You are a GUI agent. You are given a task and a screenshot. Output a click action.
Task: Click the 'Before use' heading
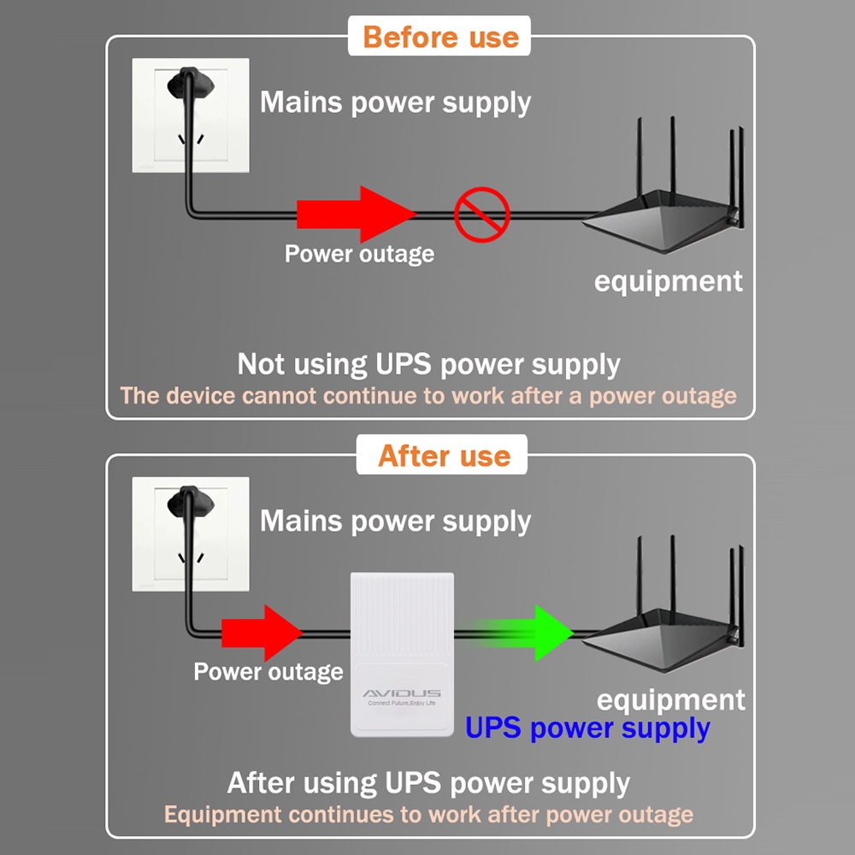(x=440, y=38)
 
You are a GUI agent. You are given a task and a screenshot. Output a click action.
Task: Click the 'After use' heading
(x=444, y=456)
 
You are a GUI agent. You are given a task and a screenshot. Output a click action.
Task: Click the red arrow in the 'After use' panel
(x=261, y=633)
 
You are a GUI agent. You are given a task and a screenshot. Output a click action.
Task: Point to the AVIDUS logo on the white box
(x=402, y=693)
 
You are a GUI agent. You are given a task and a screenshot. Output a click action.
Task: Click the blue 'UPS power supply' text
(x=587, y=728)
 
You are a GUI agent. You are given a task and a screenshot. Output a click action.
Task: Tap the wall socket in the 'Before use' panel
(x=190, y=115)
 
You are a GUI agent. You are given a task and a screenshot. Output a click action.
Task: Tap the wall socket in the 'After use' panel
(x=190, y=534)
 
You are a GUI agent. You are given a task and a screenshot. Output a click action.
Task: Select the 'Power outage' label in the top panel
(x=359, y=254)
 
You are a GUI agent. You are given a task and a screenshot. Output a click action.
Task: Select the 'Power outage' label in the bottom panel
(x=268, y=672)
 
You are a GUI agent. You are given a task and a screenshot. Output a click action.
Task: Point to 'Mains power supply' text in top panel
(x=395, y=103)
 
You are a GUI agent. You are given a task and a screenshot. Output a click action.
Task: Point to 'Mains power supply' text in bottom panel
(x=395, y=521)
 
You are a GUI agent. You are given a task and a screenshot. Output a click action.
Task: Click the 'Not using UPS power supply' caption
(x=428, y=364)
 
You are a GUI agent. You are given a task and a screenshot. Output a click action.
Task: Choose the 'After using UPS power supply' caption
(x=428, y=783)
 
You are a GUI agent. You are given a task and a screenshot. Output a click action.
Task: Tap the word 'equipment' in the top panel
(x=669, y=281)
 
